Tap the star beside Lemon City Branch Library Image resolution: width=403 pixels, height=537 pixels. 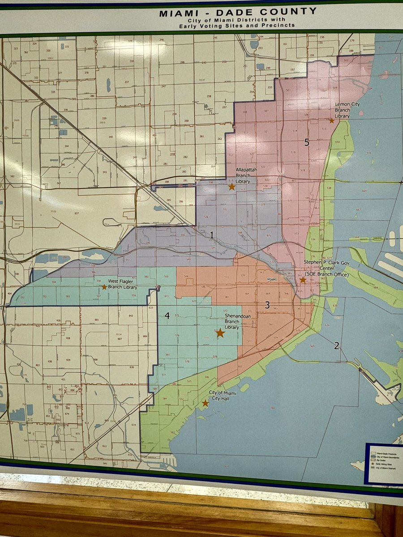[331, 120]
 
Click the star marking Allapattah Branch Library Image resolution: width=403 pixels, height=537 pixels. [232, 187]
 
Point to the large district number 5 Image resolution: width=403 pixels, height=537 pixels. [307, 142]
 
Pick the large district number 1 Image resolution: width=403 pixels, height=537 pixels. [212, 234]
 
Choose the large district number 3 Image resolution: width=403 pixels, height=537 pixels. [267, 306]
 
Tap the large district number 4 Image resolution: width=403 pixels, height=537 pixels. [167, 316]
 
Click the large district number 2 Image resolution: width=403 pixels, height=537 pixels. [336, 345]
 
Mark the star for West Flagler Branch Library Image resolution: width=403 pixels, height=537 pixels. [104, 287]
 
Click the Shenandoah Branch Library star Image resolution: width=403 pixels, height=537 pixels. [220, 332]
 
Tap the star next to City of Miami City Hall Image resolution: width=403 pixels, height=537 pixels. [205, 403]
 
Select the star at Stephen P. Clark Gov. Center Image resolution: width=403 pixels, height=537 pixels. [303, 280]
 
